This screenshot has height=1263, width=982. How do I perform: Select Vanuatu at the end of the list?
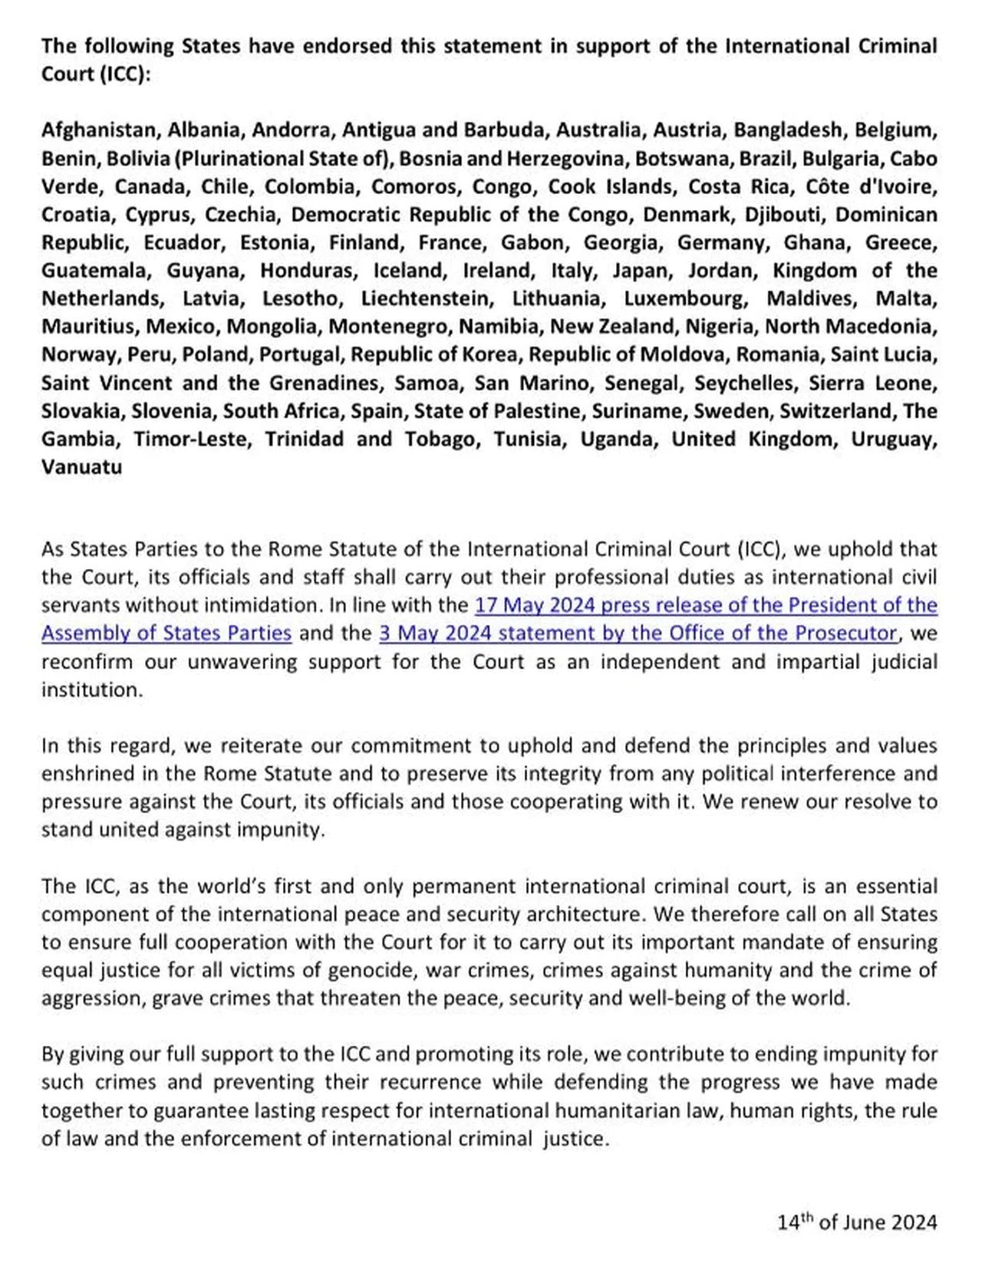[x=81, y=467]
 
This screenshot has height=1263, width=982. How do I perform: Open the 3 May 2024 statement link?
[x=638, y=633]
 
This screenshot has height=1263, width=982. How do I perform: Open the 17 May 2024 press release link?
[x=706, y=605]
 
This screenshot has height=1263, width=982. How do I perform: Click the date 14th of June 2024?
[x=857, y=1222]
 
